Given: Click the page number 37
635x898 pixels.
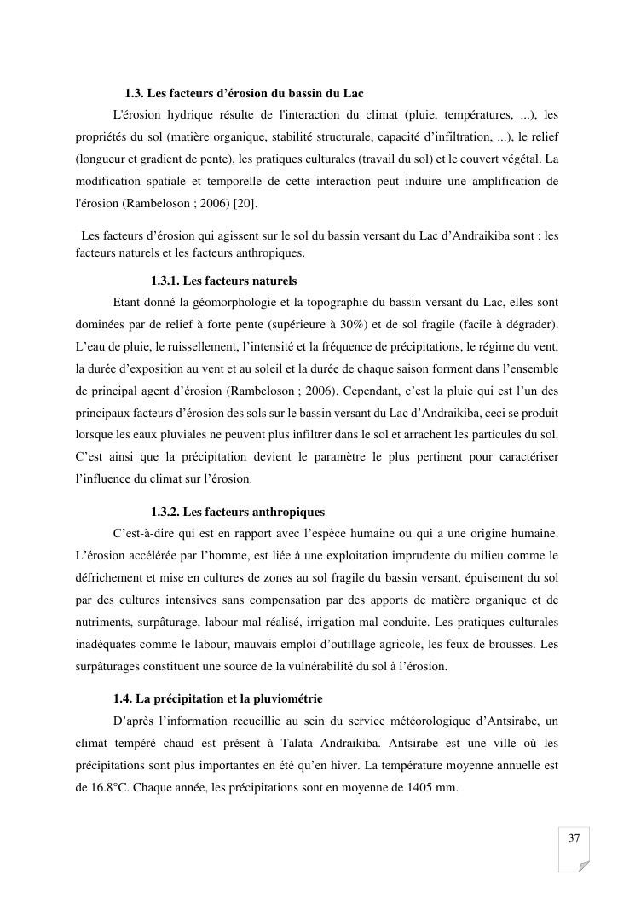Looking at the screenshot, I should [574, 838].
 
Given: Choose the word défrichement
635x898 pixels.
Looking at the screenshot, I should [110, 578].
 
